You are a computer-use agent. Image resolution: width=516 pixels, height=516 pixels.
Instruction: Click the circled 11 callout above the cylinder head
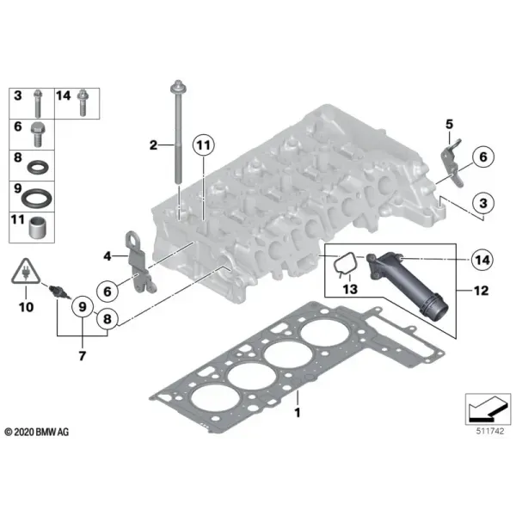[x=203, y=145]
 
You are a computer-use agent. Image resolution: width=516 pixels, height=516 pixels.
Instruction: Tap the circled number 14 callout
[x=482, y=260]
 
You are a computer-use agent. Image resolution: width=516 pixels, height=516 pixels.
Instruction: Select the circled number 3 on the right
[x=482, y=203]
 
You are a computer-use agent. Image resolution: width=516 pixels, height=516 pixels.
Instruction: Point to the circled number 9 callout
[x=83, y=307]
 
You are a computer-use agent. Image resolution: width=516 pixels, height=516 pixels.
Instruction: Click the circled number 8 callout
[x=107, y=318]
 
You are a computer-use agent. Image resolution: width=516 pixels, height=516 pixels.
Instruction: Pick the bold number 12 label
[x=481, y=291]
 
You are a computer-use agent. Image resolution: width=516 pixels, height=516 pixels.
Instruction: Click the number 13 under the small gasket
[x=350, y=289]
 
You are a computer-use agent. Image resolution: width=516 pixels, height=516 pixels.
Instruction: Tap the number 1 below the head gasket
[x=298, y=412]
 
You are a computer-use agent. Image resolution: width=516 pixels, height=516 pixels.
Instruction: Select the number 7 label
[x=83, y=356]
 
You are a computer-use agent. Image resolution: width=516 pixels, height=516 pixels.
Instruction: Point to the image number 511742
[x=490, y=431]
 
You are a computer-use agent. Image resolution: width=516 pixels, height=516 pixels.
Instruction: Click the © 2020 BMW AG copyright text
[x=36, y=432]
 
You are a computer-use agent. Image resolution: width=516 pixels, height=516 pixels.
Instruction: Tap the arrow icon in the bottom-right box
[x=487, y=409]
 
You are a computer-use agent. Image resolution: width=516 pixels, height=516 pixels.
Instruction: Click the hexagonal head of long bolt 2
[x=178, y=87]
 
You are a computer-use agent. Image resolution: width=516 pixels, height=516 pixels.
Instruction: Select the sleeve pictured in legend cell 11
[x=37, y=227]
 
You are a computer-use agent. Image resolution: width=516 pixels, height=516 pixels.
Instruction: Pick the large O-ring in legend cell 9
[x=36, y=198]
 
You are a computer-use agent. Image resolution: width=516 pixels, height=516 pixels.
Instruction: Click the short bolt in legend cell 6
[x=38, y=134]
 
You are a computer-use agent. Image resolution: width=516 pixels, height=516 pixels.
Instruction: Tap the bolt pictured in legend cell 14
[x=83, y=103]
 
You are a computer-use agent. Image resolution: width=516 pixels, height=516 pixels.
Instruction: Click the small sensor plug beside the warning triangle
[x=58, y=292]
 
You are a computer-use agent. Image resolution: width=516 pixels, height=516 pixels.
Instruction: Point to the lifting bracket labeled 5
[x=452, y=163]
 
